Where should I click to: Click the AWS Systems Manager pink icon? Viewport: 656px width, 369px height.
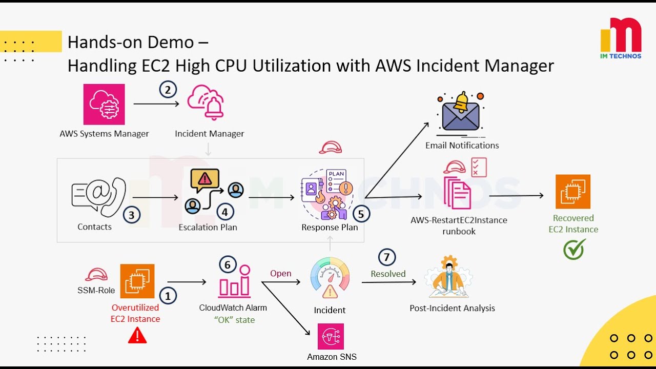coord(104,105)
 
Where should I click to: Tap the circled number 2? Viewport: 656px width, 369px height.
coord(168,90)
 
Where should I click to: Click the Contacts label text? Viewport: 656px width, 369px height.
coord(94,227)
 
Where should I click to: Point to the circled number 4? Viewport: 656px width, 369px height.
coord(225,211)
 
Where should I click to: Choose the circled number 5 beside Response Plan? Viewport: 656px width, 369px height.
coord(361,214)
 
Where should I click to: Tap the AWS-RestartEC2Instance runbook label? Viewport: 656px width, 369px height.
coord(459,225)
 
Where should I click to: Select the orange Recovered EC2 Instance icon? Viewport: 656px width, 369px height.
coord(573,192)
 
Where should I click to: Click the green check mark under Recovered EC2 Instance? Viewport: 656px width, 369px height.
coord(574,250)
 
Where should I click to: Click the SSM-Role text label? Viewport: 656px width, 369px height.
coord(96,290)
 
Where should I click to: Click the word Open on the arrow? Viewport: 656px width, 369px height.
coord(281,273)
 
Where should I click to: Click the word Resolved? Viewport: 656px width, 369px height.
coord(388,274)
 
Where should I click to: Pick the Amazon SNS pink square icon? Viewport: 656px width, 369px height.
coord(331,336)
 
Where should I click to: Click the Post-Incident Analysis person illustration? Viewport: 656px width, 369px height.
coord(449,278)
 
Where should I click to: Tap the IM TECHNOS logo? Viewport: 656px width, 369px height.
coord(621,38)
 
